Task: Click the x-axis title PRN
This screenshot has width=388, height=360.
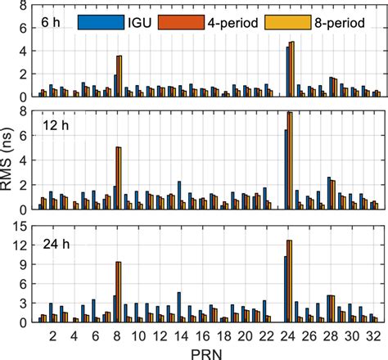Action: pos(205,351)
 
